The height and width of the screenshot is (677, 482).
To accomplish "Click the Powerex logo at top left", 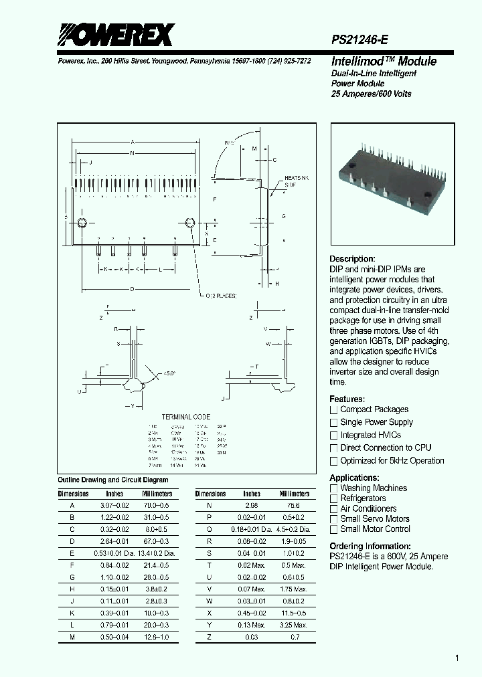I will tap(115, 35).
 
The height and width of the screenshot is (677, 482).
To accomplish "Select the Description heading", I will tap(352, 259).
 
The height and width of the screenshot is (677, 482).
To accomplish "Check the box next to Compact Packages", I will tap(333, 409).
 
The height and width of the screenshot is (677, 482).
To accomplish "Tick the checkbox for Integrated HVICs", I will tap(333, 436).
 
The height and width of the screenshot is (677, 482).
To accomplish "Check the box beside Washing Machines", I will tap(333, 488).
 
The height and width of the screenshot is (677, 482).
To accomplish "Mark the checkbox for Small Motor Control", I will tap(333, 529).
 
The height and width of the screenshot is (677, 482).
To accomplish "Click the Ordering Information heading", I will tap(370, 546).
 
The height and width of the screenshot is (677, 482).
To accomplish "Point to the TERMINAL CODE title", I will tap(185, 417).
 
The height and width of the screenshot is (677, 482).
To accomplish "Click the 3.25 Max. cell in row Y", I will tap(295, 624).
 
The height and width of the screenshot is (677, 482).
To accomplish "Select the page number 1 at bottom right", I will tap(457, 658).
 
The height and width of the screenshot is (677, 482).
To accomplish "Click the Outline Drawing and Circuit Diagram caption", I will tap(113, 480).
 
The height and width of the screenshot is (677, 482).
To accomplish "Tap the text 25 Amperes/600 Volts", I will tap(372, 94).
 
